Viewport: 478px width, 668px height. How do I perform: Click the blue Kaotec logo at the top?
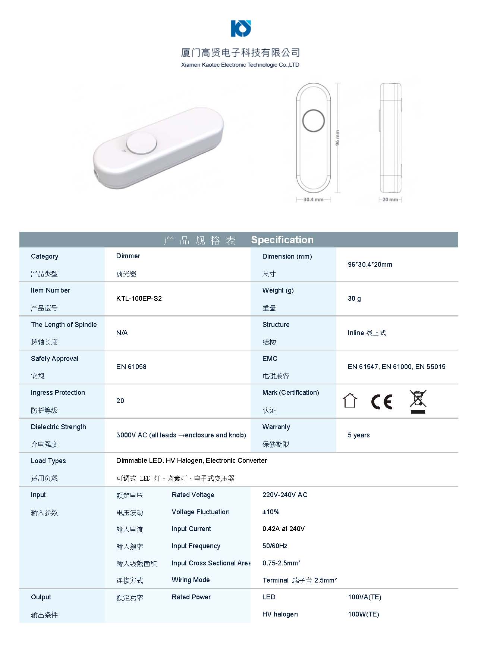[x=241, y=28]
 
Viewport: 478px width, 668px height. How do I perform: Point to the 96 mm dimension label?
[x=337, y=138]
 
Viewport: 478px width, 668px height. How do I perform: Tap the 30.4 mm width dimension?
[x=313, y=200]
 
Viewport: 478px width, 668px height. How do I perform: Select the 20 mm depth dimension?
[x=390, y=200]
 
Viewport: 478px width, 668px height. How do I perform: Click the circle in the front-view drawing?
[x=313, y=121]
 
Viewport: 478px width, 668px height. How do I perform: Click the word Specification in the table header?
[x=282, y=240]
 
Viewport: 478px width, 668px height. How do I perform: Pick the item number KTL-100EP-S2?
[x=139, y=299]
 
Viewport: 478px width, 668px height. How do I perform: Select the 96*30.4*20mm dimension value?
[x=369, y=265]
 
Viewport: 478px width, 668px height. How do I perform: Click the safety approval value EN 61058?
[x=131, y=367]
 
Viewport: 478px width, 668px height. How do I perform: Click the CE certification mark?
[x=382, y=402]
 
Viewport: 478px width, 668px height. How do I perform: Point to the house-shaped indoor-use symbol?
[x=350, y=401]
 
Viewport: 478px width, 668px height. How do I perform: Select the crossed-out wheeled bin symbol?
[x=418, y=402]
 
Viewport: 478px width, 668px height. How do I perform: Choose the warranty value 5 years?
[x=358, y=435]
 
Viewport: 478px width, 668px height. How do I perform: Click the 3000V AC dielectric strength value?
[x=181, y=435]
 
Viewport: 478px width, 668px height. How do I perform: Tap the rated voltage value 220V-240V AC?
[x=284, y=495]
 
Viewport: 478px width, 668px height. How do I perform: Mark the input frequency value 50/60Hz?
[x=275, y=546]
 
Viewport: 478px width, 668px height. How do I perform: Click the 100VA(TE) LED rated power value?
[x=364, y=597]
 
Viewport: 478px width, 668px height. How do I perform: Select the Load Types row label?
[x=48, y=461]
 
